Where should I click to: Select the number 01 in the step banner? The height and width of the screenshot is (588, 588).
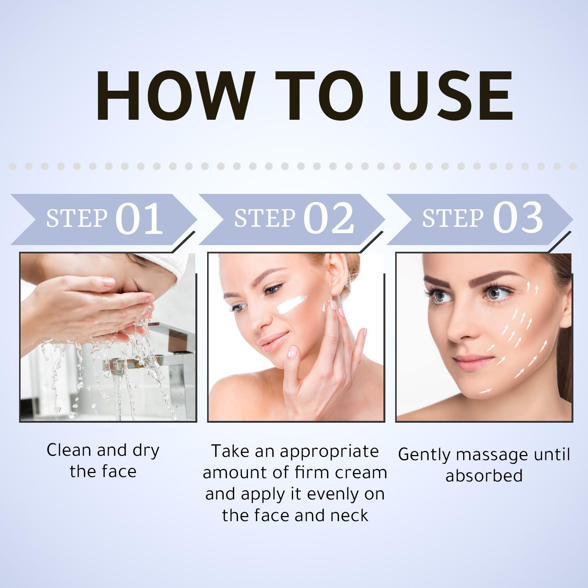[x=139, y=219]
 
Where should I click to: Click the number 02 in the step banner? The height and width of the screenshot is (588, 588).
[x=328, y=219]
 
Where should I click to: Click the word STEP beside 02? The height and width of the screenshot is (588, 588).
[x=264, y=218]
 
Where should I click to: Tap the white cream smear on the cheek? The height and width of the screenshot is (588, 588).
[x=291, y=304]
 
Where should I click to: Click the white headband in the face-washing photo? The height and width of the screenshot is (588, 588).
[x=176, y=266]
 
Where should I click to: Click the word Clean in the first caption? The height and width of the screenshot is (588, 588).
[x=69, y=450]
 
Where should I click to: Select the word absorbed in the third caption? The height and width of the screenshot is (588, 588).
[x=484, y=476]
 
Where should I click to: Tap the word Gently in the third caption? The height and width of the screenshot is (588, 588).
[x=424, y=455]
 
